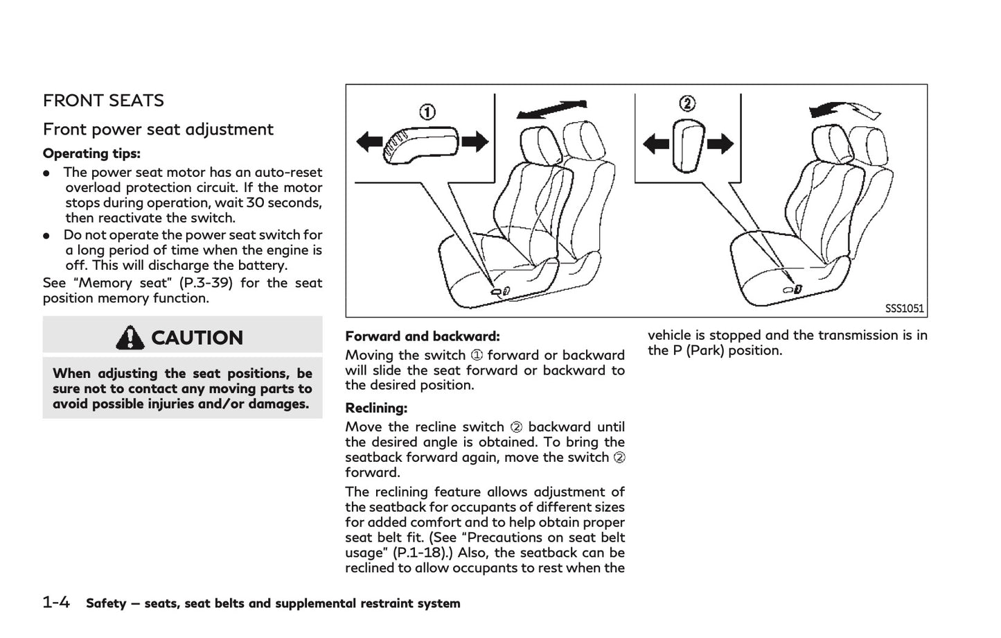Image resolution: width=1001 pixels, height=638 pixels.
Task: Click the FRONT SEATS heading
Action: [103, 101]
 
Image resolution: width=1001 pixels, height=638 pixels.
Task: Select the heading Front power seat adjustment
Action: [158, 130]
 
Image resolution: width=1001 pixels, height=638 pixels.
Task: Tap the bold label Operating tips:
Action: [91, 153]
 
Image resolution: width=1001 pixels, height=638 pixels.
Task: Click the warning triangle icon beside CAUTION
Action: [130, 338]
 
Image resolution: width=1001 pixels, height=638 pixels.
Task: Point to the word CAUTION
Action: [197, 338]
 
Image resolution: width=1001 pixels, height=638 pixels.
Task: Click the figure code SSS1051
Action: [904, 309]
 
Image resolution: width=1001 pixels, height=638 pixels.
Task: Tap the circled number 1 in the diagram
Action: [427, 112]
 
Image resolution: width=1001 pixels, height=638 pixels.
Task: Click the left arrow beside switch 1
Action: [369, 142]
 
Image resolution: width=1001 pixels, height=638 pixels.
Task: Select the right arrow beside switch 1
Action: [475, 142]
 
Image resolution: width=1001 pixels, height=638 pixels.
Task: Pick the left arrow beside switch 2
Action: [655, 144]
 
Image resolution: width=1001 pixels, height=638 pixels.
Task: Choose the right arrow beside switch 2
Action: [720, 144]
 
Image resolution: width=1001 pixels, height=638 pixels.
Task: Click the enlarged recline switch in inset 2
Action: [688, 144]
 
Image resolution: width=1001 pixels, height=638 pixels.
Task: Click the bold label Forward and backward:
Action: [422, 336]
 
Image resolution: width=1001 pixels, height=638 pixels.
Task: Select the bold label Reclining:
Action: [376, 408]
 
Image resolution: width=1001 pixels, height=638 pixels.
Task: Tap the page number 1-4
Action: [56, 603]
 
